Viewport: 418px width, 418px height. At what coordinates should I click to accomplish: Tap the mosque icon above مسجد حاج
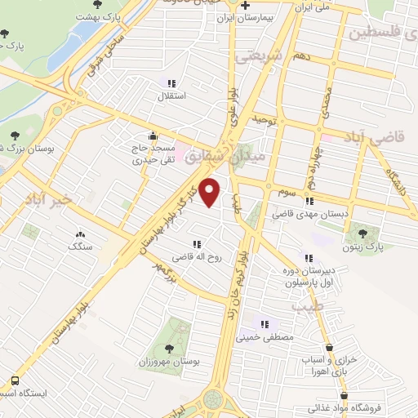[153, 136]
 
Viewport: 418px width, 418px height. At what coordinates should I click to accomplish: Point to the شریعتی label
[257, 57]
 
